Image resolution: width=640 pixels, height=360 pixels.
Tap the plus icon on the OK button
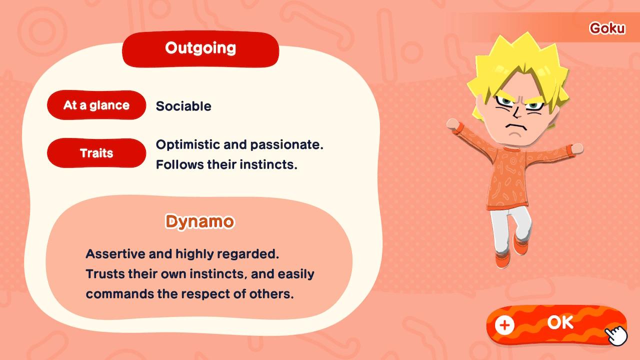pos(504,325)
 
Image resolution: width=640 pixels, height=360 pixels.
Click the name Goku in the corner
pos(607,28)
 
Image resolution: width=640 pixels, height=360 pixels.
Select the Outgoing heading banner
pos(200,49)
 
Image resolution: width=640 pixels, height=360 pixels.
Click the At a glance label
pos(96,105)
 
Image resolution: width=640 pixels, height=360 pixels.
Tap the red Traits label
pos(96,153)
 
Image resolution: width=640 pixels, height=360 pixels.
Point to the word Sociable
pos(183,106)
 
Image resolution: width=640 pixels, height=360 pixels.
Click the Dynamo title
pos(200,221)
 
